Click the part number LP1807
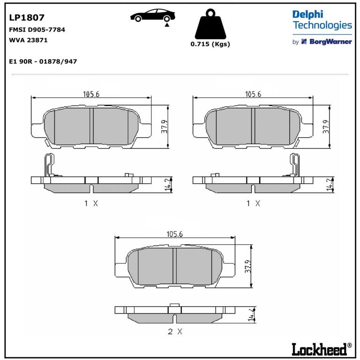click(27, 17)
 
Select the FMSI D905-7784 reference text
click(37, 30)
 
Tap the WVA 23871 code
click(28, 40)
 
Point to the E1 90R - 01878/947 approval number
click(43, 61)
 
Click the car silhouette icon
click(153, 15)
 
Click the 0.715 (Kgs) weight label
click(210, 44)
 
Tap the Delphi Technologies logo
click(322, 20)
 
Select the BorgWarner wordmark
click(330, 42)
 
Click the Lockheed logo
click(322, 349)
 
